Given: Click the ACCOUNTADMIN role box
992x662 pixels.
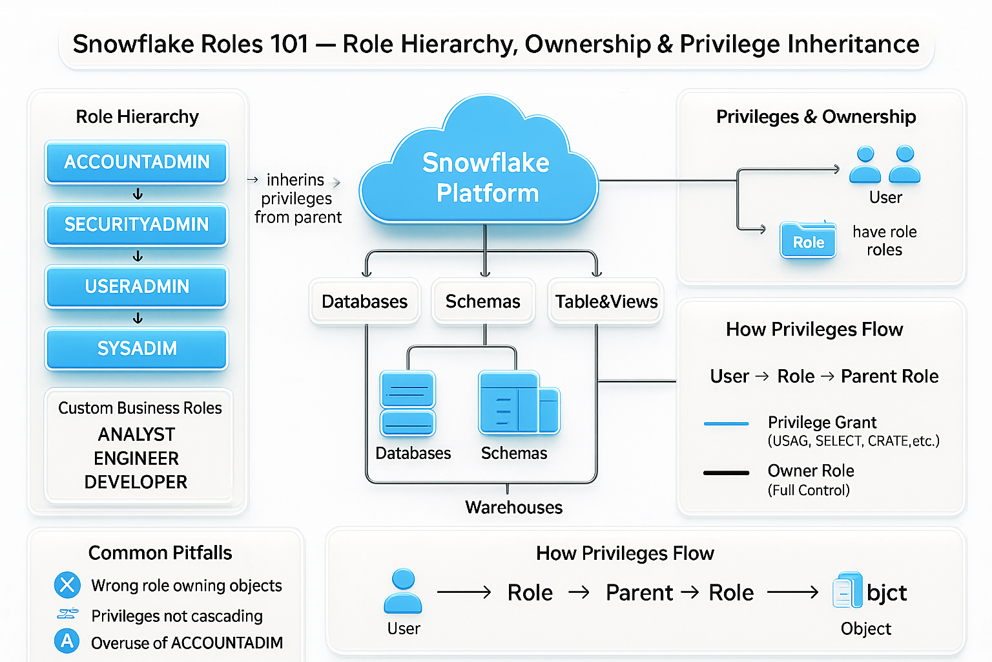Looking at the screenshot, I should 136,162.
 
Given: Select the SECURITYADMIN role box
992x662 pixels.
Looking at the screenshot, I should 136,224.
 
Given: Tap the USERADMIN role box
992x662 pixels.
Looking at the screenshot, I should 136,286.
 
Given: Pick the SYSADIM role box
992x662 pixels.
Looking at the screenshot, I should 136,348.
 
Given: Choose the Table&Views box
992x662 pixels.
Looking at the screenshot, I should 606,301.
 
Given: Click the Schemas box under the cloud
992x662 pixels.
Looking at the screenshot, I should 483,301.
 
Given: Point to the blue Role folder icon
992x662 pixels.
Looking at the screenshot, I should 808,240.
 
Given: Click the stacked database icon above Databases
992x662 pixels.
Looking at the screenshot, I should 408,403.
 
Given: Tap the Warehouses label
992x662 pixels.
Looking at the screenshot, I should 513,507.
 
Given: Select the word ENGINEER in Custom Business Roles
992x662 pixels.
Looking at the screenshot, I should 136,458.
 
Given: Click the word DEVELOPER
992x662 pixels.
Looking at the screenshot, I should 136,482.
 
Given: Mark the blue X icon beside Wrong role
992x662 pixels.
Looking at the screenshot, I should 67,585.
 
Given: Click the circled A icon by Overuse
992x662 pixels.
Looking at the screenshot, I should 67,641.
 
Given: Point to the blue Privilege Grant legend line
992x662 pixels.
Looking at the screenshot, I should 726,423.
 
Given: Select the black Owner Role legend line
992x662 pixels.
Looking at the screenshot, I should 726,473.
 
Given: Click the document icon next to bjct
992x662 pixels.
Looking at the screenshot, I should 847,590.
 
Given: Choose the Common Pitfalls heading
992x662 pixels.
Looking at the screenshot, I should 160,553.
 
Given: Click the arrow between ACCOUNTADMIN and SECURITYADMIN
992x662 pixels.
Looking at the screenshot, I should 138,194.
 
